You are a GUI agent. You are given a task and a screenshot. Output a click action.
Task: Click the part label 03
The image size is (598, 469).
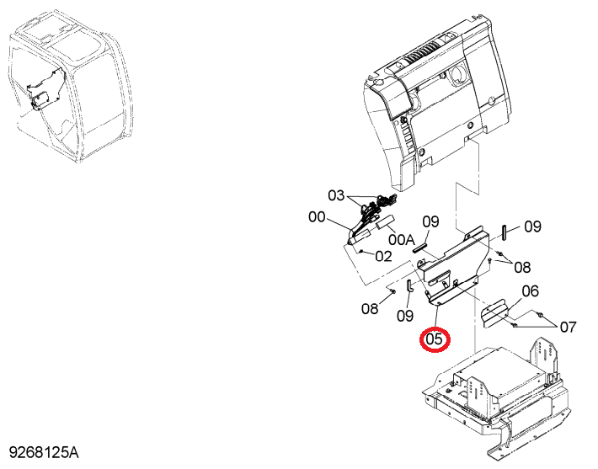(336, 195)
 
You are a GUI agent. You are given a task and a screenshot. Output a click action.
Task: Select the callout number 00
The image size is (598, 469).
(317, 217)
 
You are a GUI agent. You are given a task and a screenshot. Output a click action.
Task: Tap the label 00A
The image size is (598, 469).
(401, 240)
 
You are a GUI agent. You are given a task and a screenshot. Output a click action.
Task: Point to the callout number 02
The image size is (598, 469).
(384, 256)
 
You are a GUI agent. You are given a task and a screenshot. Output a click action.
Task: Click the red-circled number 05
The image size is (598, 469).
(435, 339)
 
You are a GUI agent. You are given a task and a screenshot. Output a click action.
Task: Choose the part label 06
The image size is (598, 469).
(530, 291)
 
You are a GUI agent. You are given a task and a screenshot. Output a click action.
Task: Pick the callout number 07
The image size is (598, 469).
(568, 327)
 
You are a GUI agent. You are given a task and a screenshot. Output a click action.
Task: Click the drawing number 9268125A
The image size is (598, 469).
(44, 453)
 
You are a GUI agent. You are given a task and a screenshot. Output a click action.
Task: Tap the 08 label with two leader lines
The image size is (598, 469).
(522, 267)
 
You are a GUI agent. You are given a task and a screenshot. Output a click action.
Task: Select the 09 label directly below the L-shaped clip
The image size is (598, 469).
(405, 316)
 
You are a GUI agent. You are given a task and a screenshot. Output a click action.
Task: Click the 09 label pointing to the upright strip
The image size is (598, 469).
(533, 227)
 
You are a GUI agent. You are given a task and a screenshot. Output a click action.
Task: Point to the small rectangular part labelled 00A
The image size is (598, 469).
(117, 222)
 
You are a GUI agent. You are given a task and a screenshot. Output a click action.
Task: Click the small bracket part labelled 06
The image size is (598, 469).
(493, 313)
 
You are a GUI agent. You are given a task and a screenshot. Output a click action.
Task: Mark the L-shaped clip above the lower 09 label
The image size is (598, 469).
(408, 286)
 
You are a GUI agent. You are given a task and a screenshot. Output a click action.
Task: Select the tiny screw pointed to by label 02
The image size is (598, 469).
(360, 251)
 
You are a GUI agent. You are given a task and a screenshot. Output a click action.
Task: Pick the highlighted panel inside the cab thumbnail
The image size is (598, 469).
(45, 89)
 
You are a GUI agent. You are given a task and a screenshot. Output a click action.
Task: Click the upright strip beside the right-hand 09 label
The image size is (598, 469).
(504, 232)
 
